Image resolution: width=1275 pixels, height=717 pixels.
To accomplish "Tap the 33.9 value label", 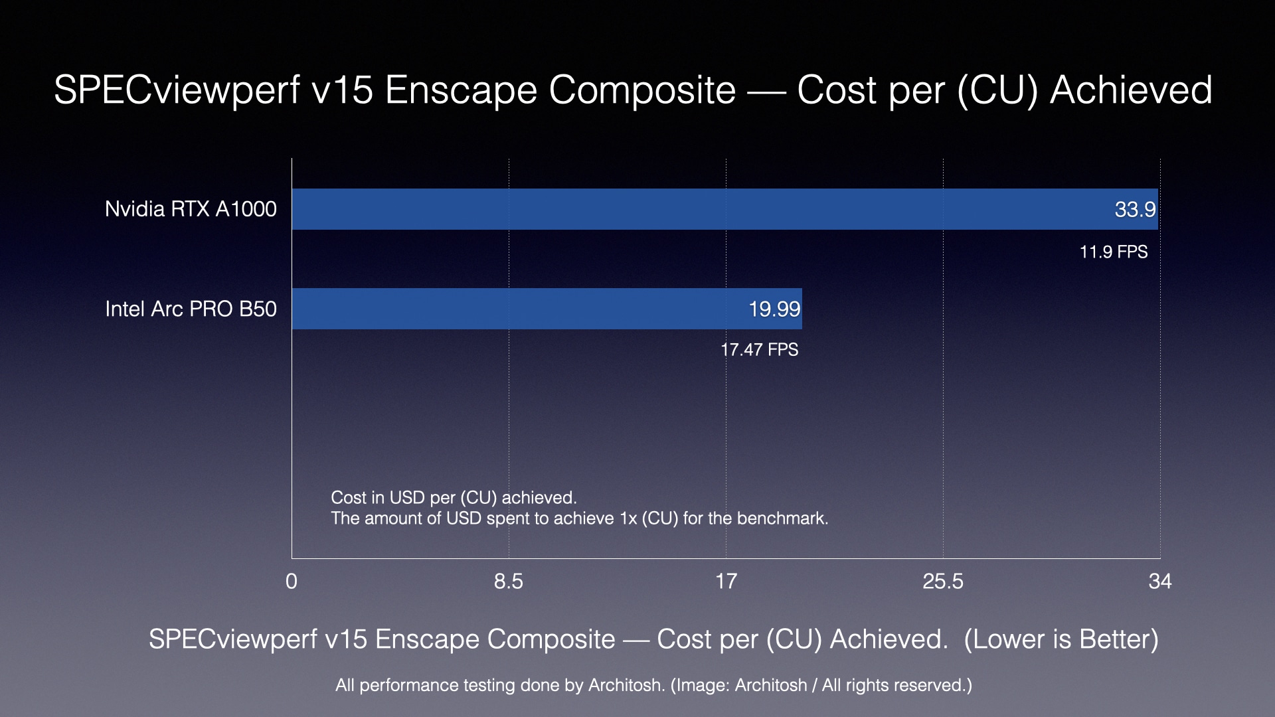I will click(1135, 210).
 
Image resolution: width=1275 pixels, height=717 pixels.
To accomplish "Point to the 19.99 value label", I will click(774, 309).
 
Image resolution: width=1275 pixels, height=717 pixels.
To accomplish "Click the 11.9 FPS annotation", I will click(1113, 252).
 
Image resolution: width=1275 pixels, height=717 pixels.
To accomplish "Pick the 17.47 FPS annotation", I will click(759, 350).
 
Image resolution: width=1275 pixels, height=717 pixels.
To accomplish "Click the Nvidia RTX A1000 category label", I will click(191, 209).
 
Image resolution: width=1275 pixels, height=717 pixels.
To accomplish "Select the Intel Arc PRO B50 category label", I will click(191, 309).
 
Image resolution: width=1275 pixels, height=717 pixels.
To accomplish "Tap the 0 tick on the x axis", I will click(292, 582).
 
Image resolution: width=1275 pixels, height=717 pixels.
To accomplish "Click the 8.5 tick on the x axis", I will click(509, 582).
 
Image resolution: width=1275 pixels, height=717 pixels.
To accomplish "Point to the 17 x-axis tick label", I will click(726, 582).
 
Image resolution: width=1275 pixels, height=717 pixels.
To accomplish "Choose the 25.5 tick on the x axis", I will click(943, 582).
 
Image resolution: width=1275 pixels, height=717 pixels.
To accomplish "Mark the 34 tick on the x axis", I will click(1160, 582).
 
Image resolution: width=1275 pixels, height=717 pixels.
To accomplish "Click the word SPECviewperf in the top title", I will click(177, 90).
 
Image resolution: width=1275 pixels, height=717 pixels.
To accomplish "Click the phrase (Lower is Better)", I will click(1061, 639).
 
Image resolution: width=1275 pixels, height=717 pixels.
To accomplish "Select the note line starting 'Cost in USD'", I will click(454, 498).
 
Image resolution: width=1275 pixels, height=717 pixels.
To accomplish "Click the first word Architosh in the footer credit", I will click(625, 685).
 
